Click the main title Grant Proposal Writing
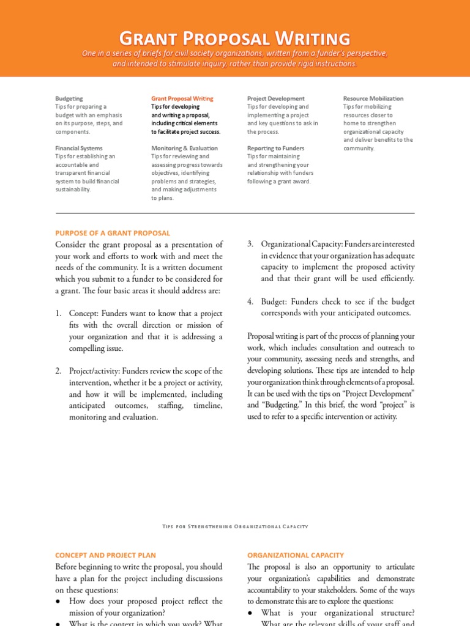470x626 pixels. pos(235,38)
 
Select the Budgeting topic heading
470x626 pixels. pos(69,98)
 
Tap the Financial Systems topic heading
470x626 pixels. pos(78,148)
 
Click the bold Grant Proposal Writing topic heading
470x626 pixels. pos(182,98)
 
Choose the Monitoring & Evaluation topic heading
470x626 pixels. pos(184,148)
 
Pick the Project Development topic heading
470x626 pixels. pos(275,98)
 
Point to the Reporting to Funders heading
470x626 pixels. pos(275,148)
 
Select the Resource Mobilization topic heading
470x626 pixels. pos(373,98)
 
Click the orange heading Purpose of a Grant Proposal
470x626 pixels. pos(113,233)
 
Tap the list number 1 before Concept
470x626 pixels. pos(58,314)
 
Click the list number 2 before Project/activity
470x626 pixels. pos(58,371)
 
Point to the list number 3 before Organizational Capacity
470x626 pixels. pos(250,245)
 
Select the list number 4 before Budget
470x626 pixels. pos(250,302)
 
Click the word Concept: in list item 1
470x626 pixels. pos(84,314)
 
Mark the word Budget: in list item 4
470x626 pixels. pos(274,302)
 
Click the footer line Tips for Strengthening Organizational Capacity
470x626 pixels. pos(235,526)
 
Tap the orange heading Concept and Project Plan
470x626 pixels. pos(105,555)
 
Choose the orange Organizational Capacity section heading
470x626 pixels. pos(295,555)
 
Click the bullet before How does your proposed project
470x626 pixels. pos(58,602)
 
